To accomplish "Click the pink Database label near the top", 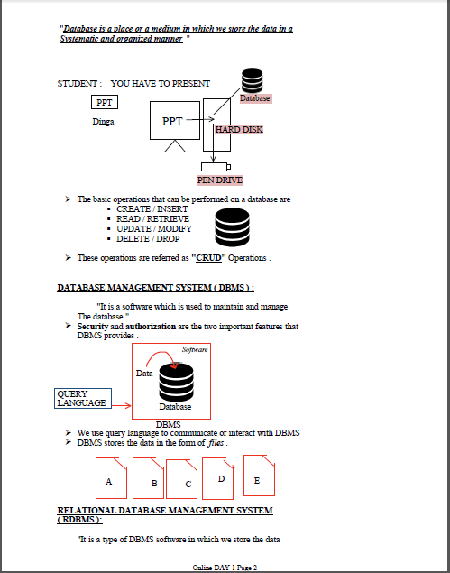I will pyautogui.click(x=254, y=97).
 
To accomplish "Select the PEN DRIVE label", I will pyautogui.click(x=220, y=180).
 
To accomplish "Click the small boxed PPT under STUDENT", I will pyautogui.click(x=105, y=102).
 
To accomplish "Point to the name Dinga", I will pyautogui.click(x=103, y=121).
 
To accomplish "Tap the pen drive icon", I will pyautogui.click(x=215, y=165).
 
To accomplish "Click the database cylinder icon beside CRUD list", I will pyautogui.click(x=232, y=226).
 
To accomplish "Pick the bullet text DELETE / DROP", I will pyautogui.click(x=148, y=239).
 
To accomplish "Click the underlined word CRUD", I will pyautogui.click(x=208, y=258).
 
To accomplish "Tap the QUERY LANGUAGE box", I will pyautogui.click(x=81, y=398).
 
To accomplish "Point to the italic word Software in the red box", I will pyautogui.click(x=195, y=349).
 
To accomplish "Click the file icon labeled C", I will pyautogui.click(x=187, y=480).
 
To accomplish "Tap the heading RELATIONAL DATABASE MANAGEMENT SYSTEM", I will pyautogui.click(x=164, y=514).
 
